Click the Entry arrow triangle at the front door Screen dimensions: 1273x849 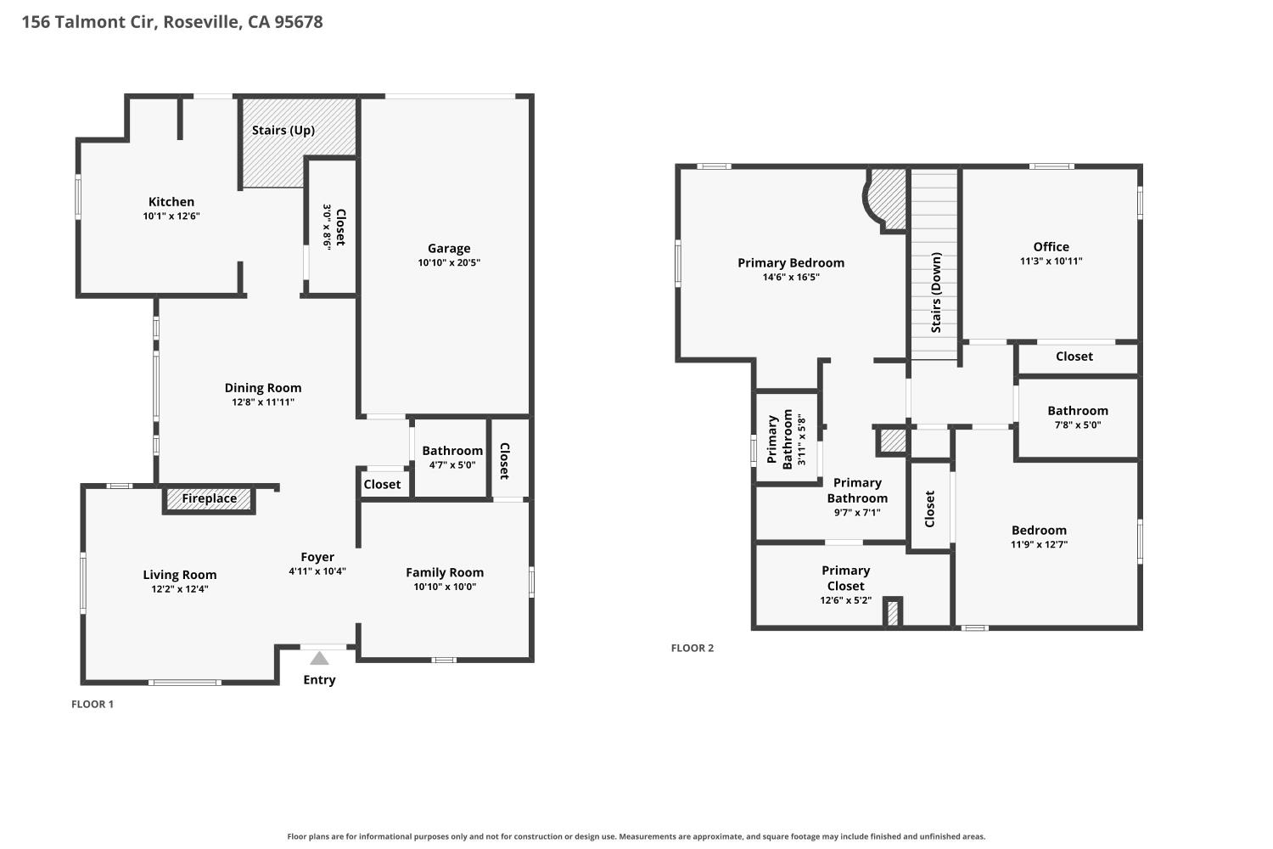point(319,659)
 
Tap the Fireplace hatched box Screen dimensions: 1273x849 point(209,499)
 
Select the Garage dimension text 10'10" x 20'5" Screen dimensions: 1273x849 point(449,262)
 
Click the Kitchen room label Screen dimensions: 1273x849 point(171,202)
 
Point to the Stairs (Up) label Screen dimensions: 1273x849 point(283,130)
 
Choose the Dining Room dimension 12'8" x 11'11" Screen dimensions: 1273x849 point(263,402)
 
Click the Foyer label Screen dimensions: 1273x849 point(317,557)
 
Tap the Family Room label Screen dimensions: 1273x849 point(445,572)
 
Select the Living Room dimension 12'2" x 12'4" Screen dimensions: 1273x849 point(180,589)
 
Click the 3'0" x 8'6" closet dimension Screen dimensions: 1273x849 point(327,228)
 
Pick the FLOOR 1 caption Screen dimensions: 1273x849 point(92,704)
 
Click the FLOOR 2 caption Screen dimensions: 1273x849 point(693,648)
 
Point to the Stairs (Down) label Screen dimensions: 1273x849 point(936,292)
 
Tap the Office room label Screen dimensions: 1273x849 point(1051,247)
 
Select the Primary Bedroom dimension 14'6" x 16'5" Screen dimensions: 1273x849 point(791,278)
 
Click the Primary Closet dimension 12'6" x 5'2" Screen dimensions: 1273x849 point(845,600)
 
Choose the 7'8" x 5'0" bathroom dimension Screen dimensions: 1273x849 point(1078,424)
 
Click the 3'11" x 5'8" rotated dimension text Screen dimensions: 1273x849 point(802,440)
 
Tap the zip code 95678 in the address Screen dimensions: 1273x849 point(299,22)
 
